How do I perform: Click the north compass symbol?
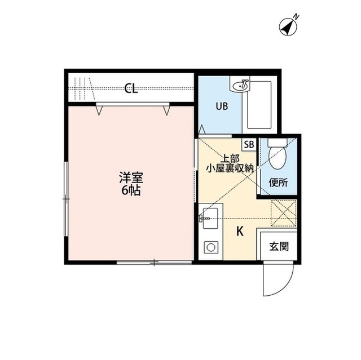[x=289, y=25]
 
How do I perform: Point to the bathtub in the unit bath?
[x=260, y=106]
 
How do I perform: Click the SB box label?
[x=249, y=144]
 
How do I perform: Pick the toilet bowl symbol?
[x=278, y=156]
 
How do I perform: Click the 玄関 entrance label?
[x=278, y=246]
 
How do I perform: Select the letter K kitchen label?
[x=240, y=231]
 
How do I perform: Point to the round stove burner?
[x=211, y=247]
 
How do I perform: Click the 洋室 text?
[x=131, y=178]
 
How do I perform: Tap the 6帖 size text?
[x=131, y=190]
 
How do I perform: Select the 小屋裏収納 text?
[x=229, y=167]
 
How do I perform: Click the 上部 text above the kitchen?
[x=229, y=158]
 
